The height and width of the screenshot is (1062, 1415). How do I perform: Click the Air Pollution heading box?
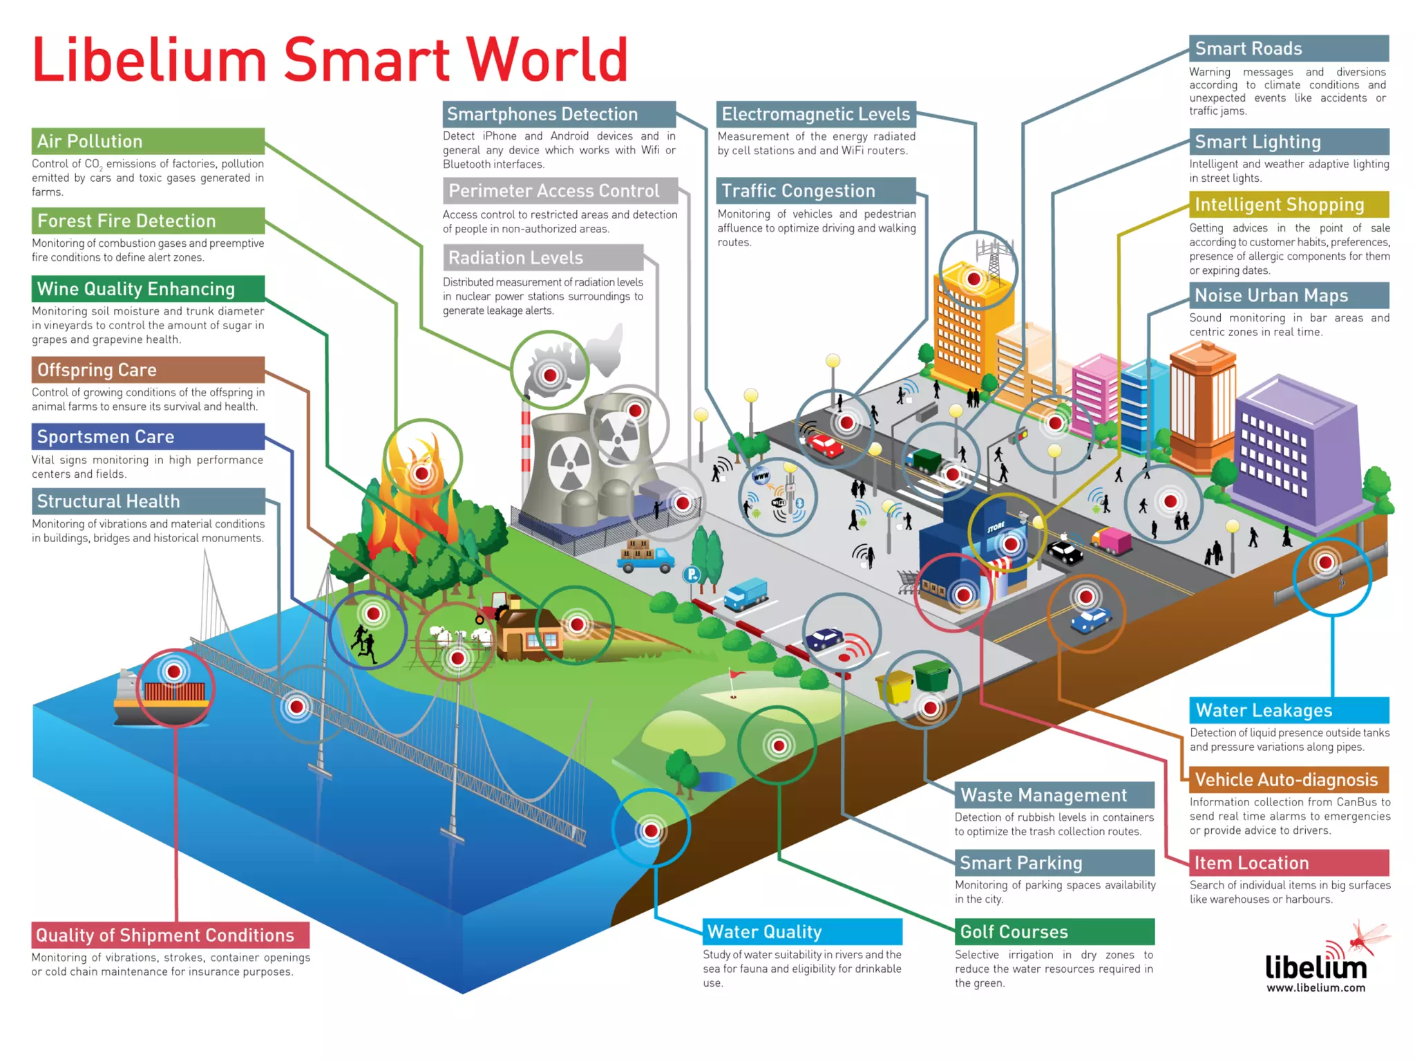click(x=148, y=141)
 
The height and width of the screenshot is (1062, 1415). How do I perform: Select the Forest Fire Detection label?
click(x=148, y=221)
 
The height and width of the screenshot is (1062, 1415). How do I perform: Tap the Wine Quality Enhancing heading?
click(x=148, y=288)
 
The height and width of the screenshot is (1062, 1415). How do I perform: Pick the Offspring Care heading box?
click(x=148, y=370)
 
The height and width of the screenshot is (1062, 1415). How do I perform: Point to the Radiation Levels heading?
click(x=543, y=258)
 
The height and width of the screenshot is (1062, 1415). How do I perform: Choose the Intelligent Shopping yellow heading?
click(x=1289, y=205)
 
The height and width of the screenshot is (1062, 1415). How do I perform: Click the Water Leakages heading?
click(x=1289, y=710)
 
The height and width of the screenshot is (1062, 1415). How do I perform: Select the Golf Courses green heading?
click(x=1054, y=931)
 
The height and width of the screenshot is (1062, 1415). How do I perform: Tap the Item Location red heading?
click(x=1289, y=863)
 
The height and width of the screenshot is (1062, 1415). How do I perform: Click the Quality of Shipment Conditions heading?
click(x=170, y=935)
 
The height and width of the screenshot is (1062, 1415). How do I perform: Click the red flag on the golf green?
click(x=737, y=674)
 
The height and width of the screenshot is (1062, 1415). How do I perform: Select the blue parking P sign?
click(x=692, y=574)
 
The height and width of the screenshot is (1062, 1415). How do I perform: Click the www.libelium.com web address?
click(x=1316, y=987)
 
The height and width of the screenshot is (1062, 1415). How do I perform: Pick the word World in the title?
click(x=547, y=60)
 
